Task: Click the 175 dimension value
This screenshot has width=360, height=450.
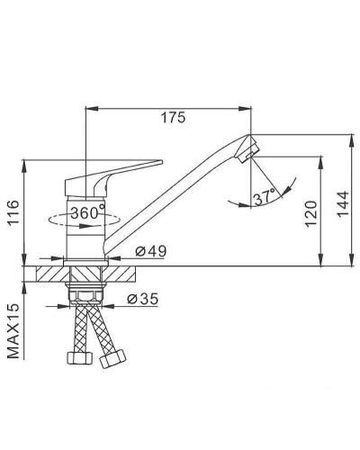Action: pos(174,117)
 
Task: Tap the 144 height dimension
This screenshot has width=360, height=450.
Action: pos(342,203)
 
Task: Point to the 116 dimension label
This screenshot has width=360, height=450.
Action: pos(13,213)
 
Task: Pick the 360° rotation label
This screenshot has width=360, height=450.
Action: pos(88,212)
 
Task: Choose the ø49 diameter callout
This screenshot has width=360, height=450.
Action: pos(150,251)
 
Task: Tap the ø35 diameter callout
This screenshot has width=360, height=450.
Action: pos(142,299)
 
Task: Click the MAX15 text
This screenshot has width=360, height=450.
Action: pos(13,330)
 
